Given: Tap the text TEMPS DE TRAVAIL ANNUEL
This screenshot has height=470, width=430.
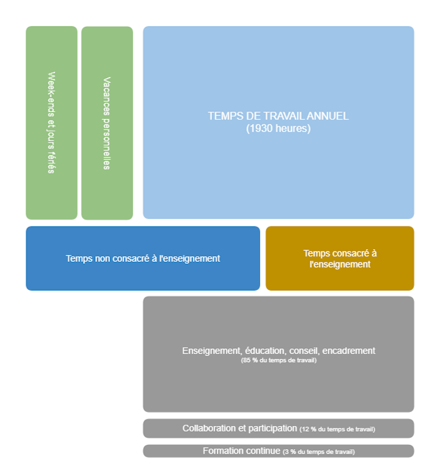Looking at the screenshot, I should [x=278, y=116].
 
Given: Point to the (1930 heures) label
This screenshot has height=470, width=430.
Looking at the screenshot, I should [x=279, y=129].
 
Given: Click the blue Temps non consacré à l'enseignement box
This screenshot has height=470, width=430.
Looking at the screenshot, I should [x=143, y=258].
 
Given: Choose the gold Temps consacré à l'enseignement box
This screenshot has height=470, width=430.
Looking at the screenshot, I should [x=340, y=258].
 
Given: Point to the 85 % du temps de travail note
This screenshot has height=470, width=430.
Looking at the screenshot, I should [x=279, y=361].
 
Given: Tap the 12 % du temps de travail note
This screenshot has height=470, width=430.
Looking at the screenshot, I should [x=337, y=430].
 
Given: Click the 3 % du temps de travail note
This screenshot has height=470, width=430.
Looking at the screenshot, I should [x=318, y=452].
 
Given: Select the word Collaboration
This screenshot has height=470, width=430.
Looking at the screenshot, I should [x=208, y=428].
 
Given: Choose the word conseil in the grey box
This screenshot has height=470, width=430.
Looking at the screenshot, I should [x=304, y=351].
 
